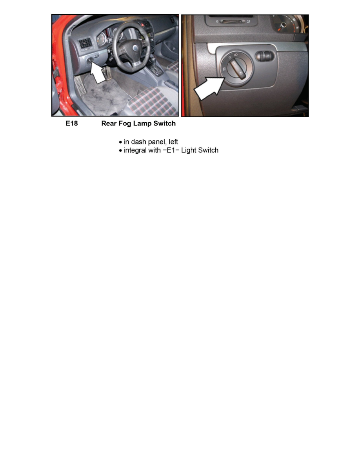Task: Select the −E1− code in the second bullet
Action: (171, 150)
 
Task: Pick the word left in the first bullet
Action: (173, 142)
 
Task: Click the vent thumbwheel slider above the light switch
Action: (223, 21)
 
